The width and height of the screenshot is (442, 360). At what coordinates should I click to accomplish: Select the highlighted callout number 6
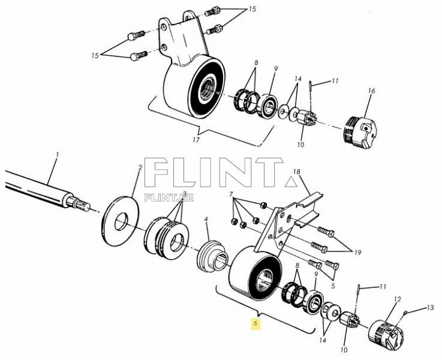coord(255,323)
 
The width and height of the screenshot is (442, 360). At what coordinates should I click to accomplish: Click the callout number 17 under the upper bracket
coord(196,140)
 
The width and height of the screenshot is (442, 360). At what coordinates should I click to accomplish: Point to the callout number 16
coord(371,91)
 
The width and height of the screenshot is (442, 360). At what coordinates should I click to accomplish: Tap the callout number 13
coord(429,308)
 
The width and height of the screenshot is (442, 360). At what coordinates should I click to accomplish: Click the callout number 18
coord(296,172)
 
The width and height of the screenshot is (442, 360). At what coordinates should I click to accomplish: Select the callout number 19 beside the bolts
coord(359,252)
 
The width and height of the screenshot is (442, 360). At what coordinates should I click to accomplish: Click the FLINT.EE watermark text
coord(169,197)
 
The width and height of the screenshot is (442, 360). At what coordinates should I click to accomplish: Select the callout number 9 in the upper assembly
coord(275,69)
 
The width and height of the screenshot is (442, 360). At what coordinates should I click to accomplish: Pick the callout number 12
coord(396,298)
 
